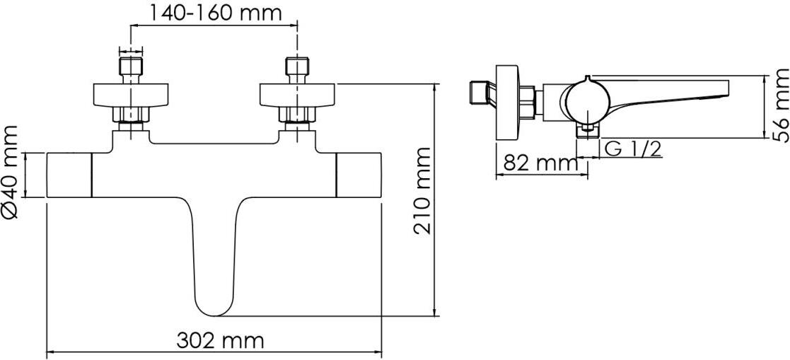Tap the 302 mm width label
(220, 341)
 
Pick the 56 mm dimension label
(779, 106)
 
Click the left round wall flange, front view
(131, 95)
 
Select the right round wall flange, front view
(297, 95)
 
